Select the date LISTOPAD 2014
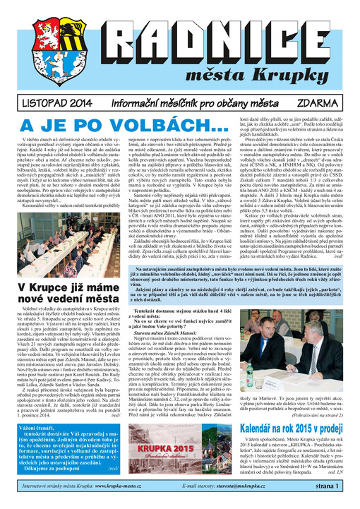tap(40, 102)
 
